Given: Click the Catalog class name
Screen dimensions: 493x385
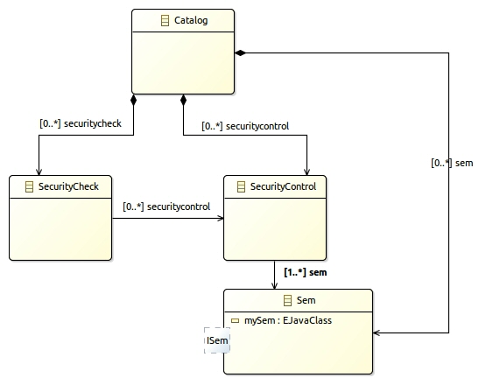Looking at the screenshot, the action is point(191,20).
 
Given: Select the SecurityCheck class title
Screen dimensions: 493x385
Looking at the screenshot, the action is point(68,186).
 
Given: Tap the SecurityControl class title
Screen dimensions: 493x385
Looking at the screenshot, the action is point(283,186).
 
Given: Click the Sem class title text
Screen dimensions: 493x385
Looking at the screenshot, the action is point(306,300).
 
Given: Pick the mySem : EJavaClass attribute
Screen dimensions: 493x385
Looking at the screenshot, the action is point(288,320).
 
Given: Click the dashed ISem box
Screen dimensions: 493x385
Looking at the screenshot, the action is point(217,340).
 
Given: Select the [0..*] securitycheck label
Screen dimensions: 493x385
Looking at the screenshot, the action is point(81,123).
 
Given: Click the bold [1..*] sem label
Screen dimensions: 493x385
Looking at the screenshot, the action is point(306,272).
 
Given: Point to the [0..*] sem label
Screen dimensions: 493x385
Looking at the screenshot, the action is point(452,163).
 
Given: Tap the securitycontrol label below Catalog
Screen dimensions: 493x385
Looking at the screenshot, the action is point(245,126).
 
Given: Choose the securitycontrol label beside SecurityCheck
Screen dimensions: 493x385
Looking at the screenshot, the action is point(166,206).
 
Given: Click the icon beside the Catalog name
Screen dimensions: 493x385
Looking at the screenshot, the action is point(166,20).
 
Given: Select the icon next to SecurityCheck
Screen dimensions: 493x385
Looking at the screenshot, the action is point(29,186).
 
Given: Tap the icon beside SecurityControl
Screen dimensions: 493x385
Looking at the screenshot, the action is point(241,186).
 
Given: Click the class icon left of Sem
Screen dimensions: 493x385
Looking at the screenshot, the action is point(288,300).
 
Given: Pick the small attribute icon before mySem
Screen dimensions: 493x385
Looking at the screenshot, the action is point(236,320).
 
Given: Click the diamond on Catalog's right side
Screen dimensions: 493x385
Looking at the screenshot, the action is point(241,52).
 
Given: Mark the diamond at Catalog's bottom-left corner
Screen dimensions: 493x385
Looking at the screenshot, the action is point(134,100).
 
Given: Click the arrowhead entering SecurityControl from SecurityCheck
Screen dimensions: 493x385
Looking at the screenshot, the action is point(221,218).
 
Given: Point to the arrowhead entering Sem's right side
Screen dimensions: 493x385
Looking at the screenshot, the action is point(377,332).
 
